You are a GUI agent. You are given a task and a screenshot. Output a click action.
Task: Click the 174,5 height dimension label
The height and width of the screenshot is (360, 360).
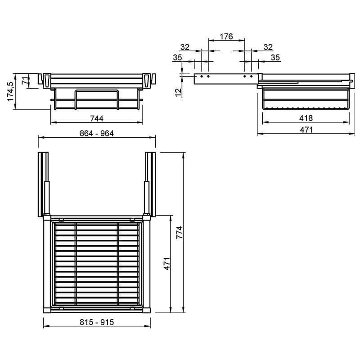[11, 91]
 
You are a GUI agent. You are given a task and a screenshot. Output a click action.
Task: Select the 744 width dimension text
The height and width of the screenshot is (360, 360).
[97, 118]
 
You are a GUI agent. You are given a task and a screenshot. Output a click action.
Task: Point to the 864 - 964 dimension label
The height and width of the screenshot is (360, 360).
[97, 133]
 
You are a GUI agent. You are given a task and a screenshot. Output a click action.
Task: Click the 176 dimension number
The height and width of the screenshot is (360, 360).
[226, 36]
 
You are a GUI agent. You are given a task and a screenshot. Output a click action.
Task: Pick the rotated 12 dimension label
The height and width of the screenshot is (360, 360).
[178, 92]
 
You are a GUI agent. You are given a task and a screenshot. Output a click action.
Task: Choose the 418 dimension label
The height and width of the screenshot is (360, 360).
[306, 118]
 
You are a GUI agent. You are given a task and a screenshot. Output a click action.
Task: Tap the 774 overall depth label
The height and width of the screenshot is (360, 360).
[180, 232]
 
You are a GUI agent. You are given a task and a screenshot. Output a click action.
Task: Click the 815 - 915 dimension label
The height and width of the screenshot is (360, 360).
[97, 322]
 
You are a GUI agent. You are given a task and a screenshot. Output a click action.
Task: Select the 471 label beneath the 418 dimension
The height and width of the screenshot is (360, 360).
[306, 130]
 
